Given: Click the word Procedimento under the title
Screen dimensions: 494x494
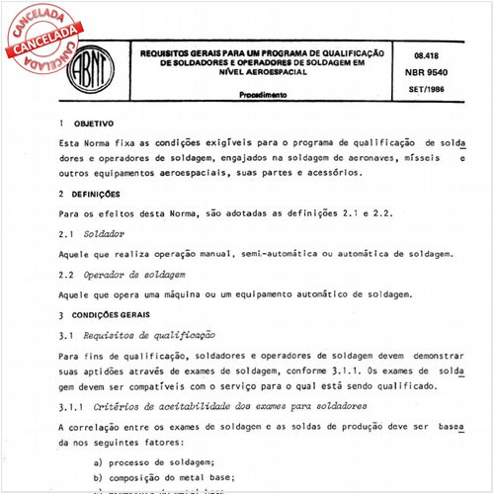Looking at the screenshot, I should [x=263, y=95].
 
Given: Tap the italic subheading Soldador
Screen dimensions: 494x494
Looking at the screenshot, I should [x=102, y=233].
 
